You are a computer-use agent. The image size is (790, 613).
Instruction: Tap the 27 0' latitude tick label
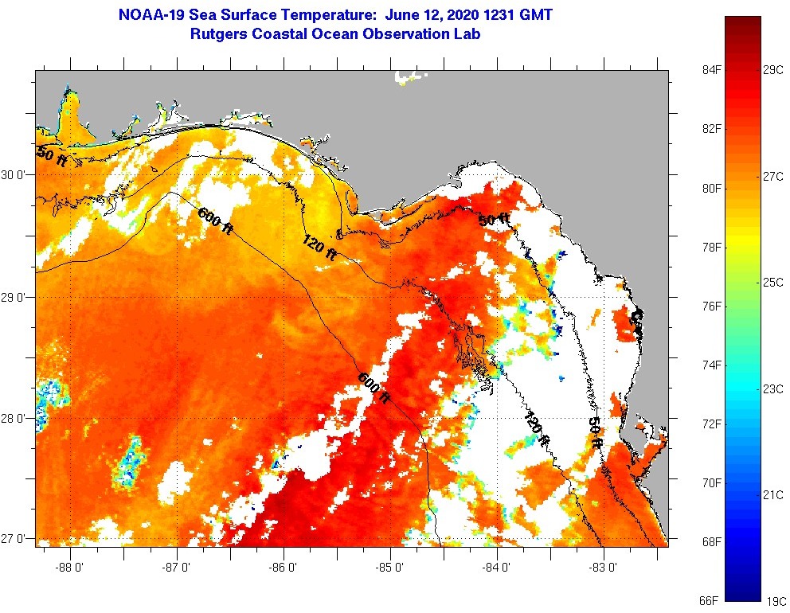(15, 539)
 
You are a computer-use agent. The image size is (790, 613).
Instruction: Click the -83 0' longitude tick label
(603, 568)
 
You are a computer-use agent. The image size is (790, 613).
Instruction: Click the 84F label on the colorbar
(710, 70)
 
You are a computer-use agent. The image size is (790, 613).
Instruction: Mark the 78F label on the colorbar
(710, 248)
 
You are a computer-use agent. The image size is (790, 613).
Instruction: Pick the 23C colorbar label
(774, 388)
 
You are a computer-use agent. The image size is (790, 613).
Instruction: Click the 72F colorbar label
(710, 424)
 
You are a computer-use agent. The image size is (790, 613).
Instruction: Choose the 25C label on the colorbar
(774, 283)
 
